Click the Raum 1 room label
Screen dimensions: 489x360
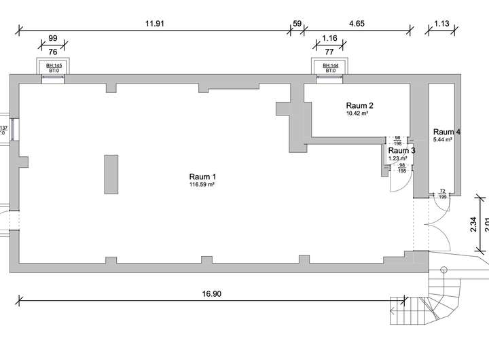point(202,176)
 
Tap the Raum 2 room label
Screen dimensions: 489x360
point(359,105)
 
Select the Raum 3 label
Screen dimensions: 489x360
point(401,150)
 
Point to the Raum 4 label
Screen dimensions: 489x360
point(447,132)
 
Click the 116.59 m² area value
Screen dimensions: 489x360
point(202,184)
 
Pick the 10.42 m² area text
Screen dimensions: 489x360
point(357,113)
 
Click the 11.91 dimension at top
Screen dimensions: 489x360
point(156,23)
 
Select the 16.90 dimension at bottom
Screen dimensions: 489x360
point(212,294)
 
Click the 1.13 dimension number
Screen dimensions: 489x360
point(441,23)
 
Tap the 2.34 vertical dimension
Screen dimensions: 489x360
point(473,224)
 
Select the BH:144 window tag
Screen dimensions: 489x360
point(329,65)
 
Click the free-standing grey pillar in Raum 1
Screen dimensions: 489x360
point(111,174)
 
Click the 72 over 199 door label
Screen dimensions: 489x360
point(442,194)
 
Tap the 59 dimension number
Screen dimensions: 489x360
point(297,23)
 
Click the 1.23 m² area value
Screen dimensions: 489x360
point(397,158)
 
